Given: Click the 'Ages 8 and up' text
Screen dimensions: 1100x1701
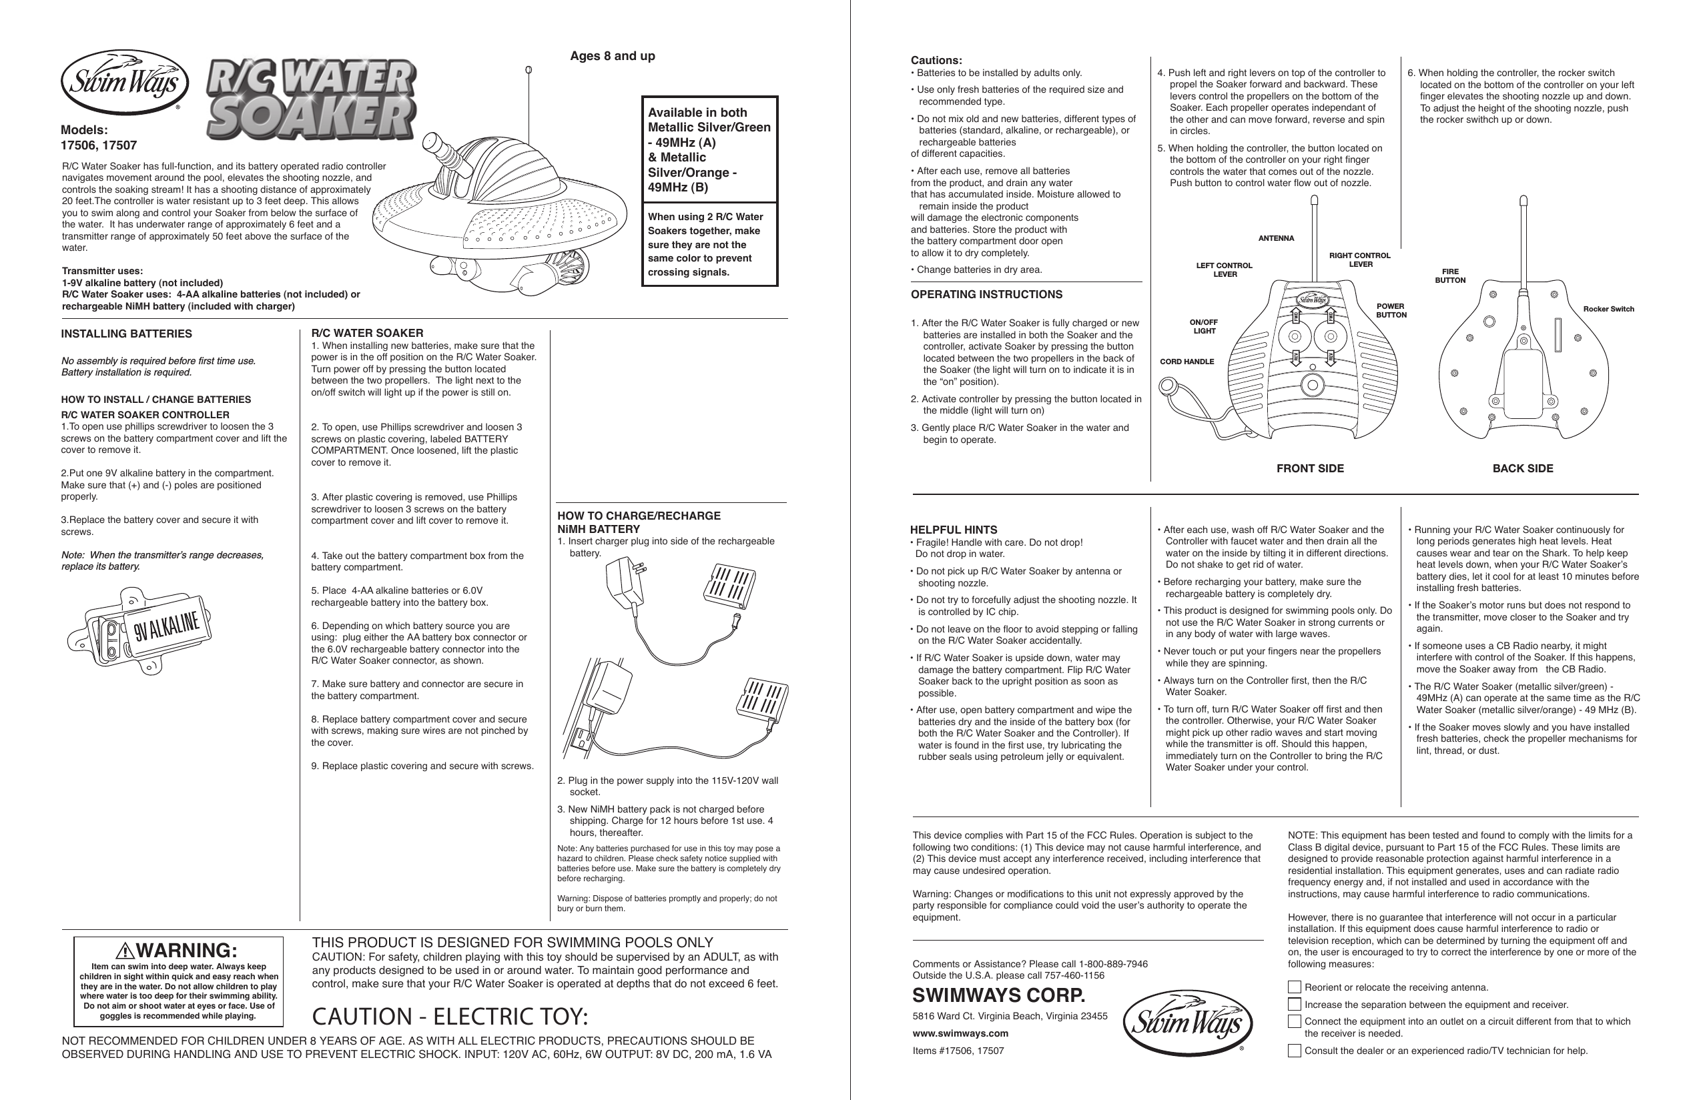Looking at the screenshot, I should pos(612,57).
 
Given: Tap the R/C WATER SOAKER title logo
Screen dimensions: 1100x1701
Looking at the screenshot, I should pos(312,100).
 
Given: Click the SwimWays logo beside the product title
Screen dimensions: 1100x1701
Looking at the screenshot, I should pos(124,83).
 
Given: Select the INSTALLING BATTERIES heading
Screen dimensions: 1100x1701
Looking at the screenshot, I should pos(126,334).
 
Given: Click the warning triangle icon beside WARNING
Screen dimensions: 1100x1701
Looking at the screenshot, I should pos(125,951).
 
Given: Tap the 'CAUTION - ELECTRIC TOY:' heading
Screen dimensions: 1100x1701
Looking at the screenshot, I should pos(450,1016).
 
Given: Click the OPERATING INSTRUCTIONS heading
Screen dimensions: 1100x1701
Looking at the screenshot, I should pos(986,294).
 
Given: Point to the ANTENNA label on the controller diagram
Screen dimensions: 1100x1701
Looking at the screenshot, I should pos(1276,239).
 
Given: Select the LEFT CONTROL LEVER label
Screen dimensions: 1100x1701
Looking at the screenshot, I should pos(1225,270).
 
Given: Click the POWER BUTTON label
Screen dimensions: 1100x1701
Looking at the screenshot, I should pos(1390,311).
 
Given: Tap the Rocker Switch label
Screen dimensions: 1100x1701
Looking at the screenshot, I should pos(1608,310).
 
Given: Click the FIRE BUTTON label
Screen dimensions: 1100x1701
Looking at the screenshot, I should pos(1450,276).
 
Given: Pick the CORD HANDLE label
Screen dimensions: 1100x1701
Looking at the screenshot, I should pos(1186,362).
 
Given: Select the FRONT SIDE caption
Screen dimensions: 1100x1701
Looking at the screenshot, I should pos(1309,468).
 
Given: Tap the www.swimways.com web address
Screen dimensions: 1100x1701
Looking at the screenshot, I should pos(960,1033).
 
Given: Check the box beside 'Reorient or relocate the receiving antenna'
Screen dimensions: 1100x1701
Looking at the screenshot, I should pos(1294,987).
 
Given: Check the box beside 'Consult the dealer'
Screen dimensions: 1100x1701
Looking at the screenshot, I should pos(1294,1051).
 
